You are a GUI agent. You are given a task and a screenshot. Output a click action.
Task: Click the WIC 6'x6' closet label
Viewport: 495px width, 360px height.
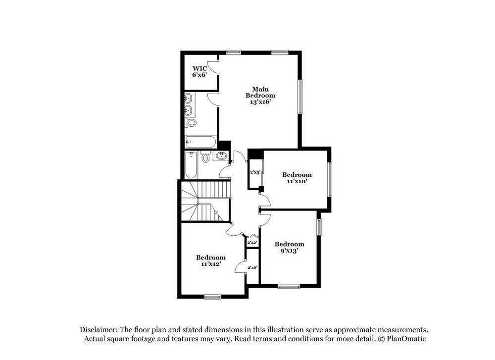(199, 71)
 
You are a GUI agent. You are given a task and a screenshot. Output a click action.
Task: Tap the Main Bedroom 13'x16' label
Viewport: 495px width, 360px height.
(260, 95)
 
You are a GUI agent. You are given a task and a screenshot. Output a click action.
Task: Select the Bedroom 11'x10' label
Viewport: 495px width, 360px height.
(297, 178)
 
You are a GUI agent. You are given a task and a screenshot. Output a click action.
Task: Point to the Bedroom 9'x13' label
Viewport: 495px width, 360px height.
(289, 247)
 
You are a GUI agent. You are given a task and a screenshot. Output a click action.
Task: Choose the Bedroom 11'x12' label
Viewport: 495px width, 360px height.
(210, 260)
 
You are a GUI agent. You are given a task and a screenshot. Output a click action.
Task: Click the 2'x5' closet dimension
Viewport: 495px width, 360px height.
(255, 172)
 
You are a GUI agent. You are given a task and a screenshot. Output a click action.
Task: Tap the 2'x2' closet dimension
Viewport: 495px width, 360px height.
(252, 242)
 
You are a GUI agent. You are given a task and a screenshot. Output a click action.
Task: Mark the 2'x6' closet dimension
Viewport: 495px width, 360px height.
(252, 267)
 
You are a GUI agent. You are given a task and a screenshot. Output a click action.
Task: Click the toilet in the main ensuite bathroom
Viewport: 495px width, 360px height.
(192, 123)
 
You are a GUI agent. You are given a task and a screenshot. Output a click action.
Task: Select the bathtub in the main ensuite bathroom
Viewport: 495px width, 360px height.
(200, 142)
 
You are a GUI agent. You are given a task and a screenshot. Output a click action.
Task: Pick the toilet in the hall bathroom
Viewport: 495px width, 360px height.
(205, 158)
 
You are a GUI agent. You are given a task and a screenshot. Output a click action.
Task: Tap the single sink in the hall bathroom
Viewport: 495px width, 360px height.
(221, 156)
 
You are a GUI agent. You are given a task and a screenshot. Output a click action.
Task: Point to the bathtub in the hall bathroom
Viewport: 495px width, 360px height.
(191, 165)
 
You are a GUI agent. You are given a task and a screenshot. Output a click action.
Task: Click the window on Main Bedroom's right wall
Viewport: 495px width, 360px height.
(299, 97)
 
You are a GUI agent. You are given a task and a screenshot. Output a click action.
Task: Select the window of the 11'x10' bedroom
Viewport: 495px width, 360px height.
(330, 179)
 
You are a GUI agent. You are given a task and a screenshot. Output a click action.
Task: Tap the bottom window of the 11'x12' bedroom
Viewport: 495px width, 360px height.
(212, 297)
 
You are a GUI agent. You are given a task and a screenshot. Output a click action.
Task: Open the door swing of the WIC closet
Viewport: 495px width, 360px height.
(213, 68)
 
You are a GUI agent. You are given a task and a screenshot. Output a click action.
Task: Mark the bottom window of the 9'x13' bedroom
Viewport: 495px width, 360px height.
(289, 286)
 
